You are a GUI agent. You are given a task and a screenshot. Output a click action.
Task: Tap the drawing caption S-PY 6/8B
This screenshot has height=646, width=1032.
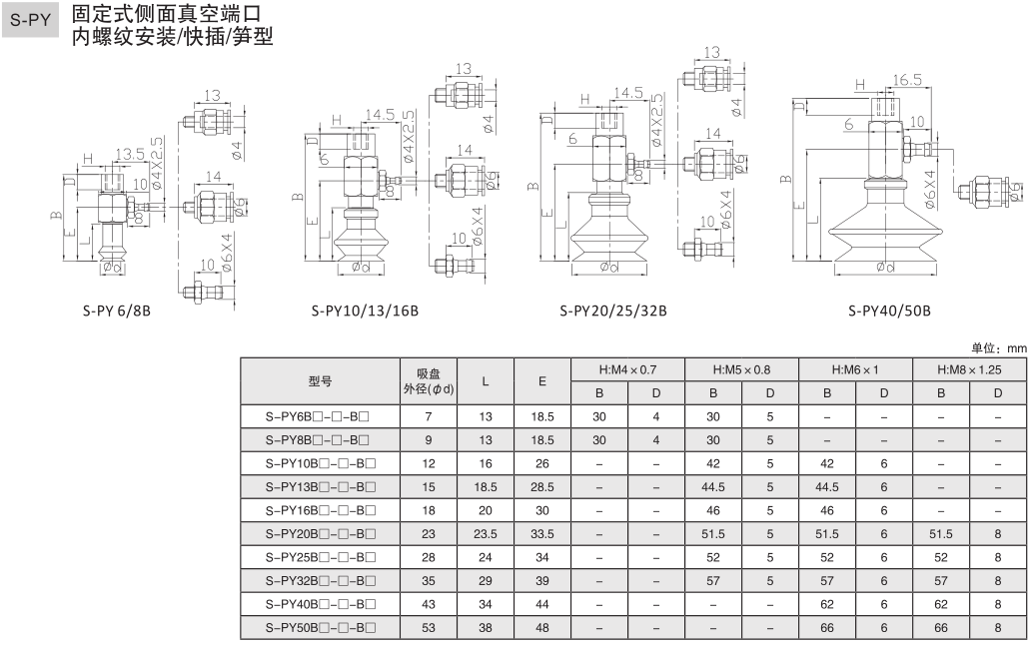pyautogui.click(x=116, y=310)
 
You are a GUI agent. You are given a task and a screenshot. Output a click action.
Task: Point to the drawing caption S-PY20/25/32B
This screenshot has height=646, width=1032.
pyautogui.click(x=613, y=310)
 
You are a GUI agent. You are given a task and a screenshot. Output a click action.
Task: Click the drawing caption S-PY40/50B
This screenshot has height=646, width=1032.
pyautogui.click(x=889, y=310)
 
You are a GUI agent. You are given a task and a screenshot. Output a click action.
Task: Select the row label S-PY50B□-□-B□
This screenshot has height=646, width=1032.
pyautogui.click(x=320, y=628)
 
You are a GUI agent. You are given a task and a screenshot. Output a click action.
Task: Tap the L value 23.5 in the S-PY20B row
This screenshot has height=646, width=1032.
pyautogui.click(x=485, y=534)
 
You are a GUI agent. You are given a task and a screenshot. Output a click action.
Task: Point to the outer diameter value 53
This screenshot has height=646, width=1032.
pyautogui.click(x=429, y=628)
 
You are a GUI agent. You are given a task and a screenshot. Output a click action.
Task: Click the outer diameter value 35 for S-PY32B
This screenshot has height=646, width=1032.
pyautogui.click(x=429, y=581)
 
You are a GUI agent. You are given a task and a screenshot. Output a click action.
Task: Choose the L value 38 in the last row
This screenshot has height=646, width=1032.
pyautogui.click(x=485, y=628)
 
